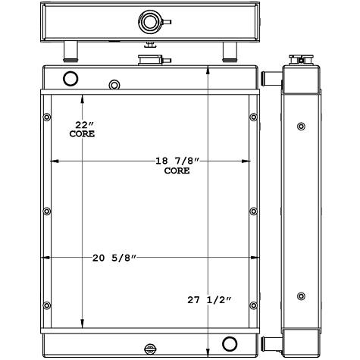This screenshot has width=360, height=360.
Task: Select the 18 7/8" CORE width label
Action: [177, 165]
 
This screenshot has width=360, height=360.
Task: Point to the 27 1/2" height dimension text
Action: [208, 300]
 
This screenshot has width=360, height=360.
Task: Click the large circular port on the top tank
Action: [70, 78]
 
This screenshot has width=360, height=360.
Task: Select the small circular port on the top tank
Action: [114, 84]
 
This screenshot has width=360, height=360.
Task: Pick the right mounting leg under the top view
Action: [228, 52]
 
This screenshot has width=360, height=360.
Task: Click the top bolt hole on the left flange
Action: [47, 117]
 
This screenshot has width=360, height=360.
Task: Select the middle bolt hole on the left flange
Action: [47, 211]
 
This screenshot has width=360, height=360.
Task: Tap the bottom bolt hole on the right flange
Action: [252, 305]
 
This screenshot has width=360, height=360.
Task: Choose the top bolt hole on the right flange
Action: [252, 117]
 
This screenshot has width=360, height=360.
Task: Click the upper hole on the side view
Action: [302, 126]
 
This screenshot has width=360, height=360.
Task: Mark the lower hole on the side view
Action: [302, 296]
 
